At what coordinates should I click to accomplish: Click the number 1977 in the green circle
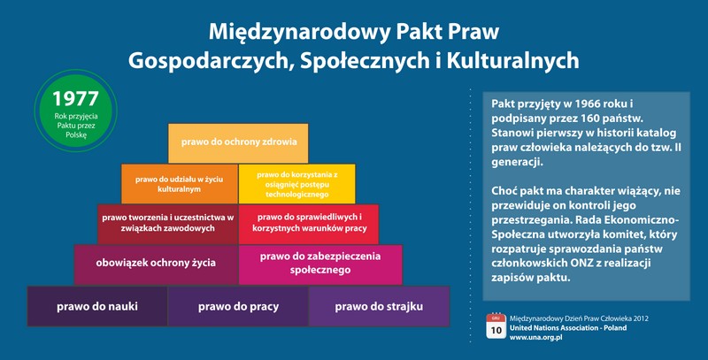tap(75, 99)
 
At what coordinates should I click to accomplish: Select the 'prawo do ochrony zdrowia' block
tap(238, 143)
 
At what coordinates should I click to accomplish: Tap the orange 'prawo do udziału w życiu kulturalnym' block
tap(180, 184)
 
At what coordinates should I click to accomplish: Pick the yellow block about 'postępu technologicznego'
tap(297, 184)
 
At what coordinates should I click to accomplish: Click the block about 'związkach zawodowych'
tap(167, 224)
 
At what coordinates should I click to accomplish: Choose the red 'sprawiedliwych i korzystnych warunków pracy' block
tap(309, 224)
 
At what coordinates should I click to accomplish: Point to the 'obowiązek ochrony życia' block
tap(156, 264)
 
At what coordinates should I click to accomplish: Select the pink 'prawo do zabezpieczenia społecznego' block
tap(320, 264)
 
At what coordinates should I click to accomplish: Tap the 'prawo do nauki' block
tap(97, 306)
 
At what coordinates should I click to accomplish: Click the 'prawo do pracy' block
tap(238, 306)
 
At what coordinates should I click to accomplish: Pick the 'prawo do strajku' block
tap(380, 306)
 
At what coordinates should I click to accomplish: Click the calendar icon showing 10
tap(496, 326)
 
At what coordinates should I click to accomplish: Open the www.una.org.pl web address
tap(536, 337)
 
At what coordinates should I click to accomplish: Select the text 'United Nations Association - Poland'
tap(568, 328)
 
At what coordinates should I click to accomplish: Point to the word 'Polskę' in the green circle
tap(76, 134)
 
